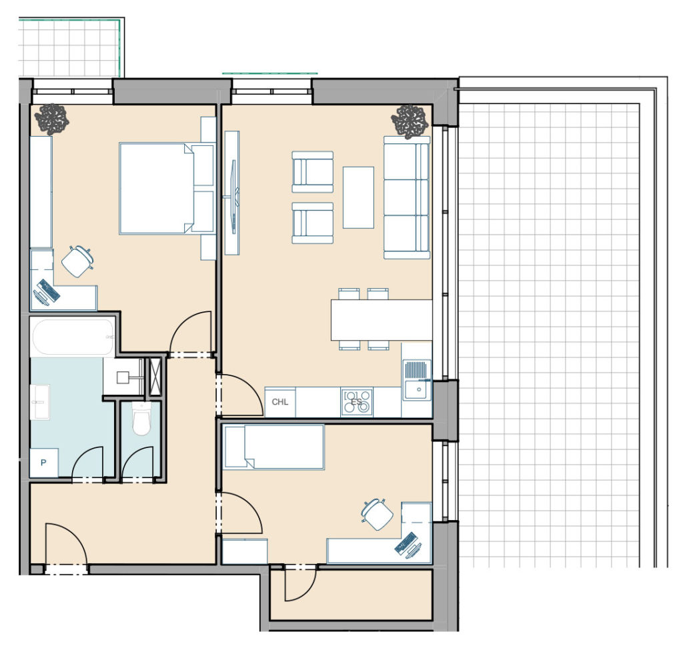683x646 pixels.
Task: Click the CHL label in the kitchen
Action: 279,402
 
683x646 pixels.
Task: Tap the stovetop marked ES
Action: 357,402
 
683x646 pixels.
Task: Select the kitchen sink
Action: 417,379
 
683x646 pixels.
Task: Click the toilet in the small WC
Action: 141,419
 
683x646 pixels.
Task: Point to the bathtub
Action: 72,337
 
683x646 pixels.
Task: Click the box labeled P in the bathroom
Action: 43,462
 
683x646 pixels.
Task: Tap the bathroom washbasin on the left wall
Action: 39,402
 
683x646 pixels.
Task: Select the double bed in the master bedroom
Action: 166,188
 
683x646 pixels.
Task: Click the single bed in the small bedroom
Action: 273,447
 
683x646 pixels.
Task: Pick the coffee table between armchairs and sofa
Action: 358,197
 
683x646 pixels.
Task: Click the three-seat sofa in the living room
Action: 407,197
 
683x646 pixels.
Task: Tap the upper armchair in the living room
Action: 312,172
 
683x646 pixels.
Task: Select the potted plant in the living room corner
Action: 410,121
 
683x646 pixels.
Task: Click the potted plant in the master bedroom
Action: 52,119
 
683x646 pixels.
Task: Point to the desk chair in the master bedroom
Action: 77,261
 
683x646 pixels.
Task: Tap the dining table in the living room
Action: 382,319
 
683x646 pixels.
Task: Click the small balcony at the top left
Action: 70,48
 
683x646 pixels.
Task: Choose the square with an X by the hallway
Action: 155,377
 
